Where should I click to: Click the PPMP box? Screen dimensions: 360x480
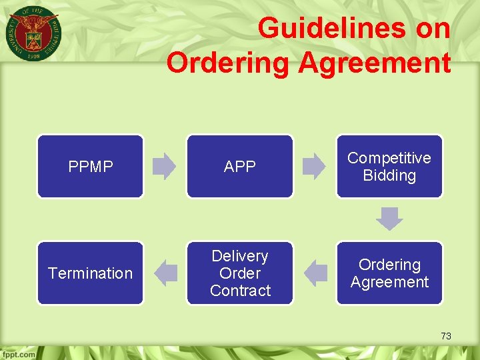pos(90,167)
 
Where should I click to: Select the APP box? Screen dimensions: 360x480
pos(239,167)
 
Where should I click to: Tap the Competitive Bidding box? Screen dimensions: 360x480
pos(389,167)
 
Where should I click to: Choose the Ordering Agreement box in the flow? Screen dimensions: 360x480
pos(389,273)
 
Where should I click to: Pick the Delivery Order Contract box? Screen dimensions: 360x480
pos(239,273)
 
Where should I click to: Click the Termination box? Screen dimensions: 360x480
pos(90,273)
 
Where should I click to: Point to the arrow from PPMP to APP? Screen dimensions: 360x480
pos(164,167)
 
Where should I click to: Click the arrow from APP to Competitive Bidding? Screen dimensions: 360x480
pos(313,167)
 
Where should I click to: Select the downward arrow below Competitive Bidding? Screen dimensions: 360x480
pos(389,219)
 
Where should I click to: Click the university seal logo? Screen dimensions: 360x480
pos(32,33)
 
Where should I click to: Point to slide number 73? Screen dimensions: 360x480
pos(446,336)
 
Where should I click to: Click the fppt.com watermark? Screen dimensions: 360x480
pos(18,354)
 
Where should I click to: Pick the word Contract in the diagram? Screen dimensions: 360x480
pos(240,291)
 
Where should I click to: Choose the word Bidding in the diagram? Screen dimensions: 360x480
pos(389,175)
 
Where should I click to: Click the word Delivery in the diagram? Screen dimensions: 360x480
pos(240,256)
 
